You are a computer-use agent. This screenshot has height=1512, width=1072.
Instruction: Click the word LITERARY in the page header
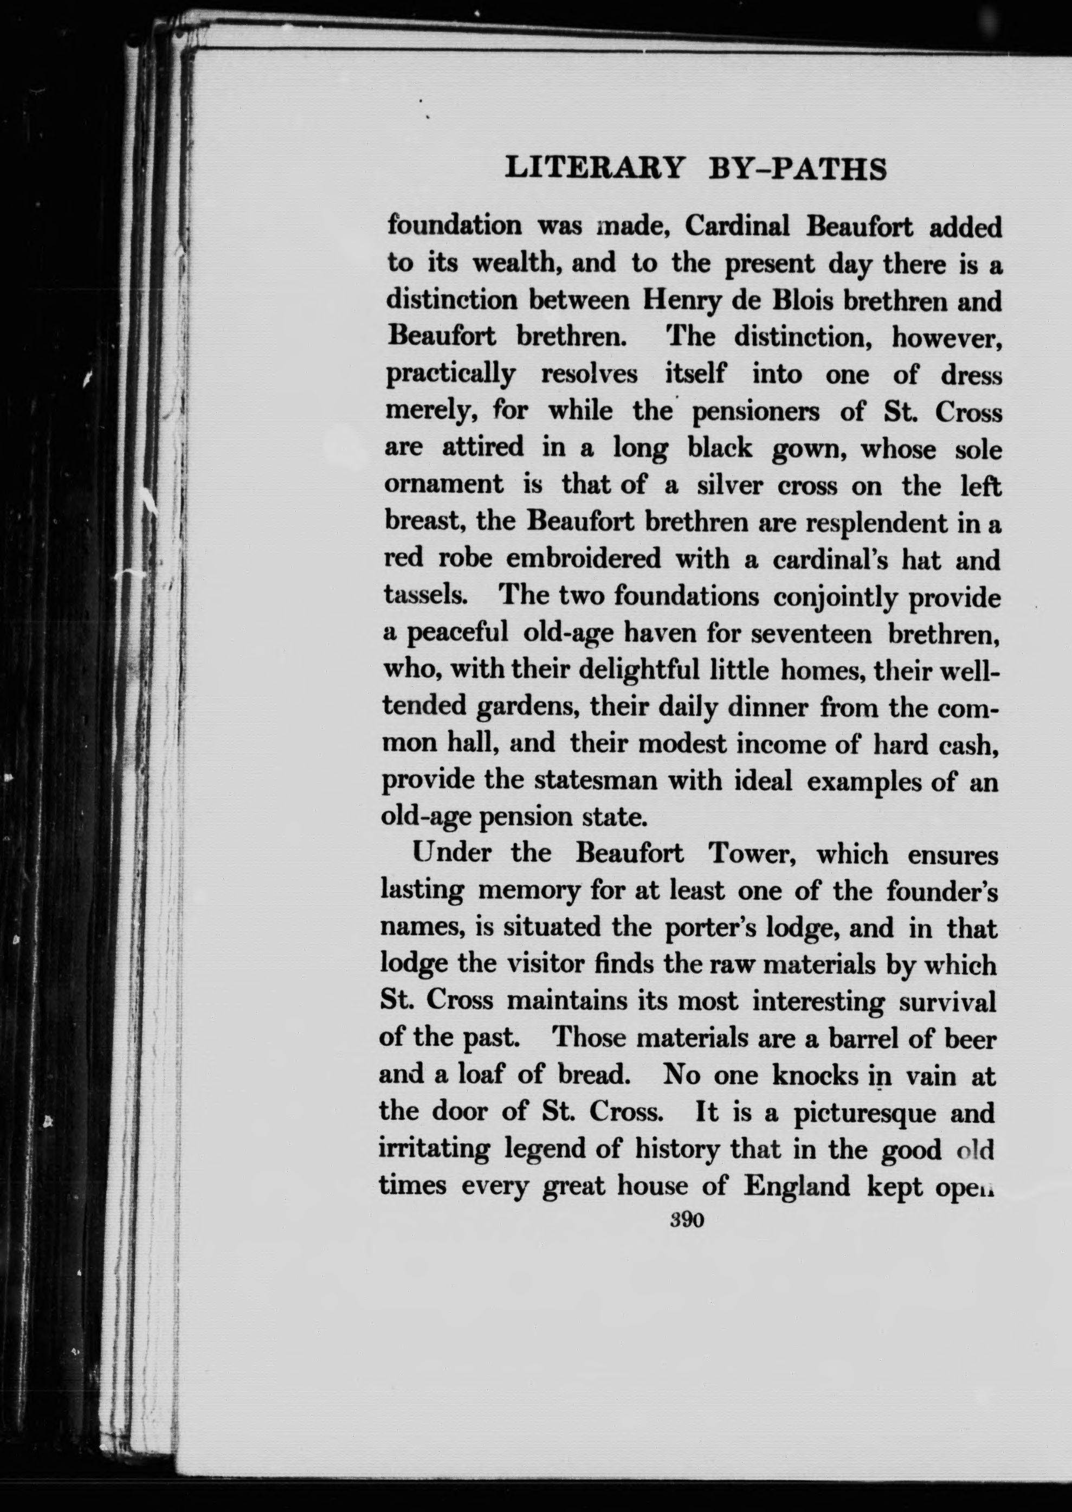coord(593,169)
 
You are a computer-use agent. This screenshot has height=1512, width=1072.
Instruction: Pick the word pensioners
coord(755,413)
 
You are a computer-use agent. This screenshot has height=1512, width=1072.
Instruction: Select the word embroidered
coord(583,559)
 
